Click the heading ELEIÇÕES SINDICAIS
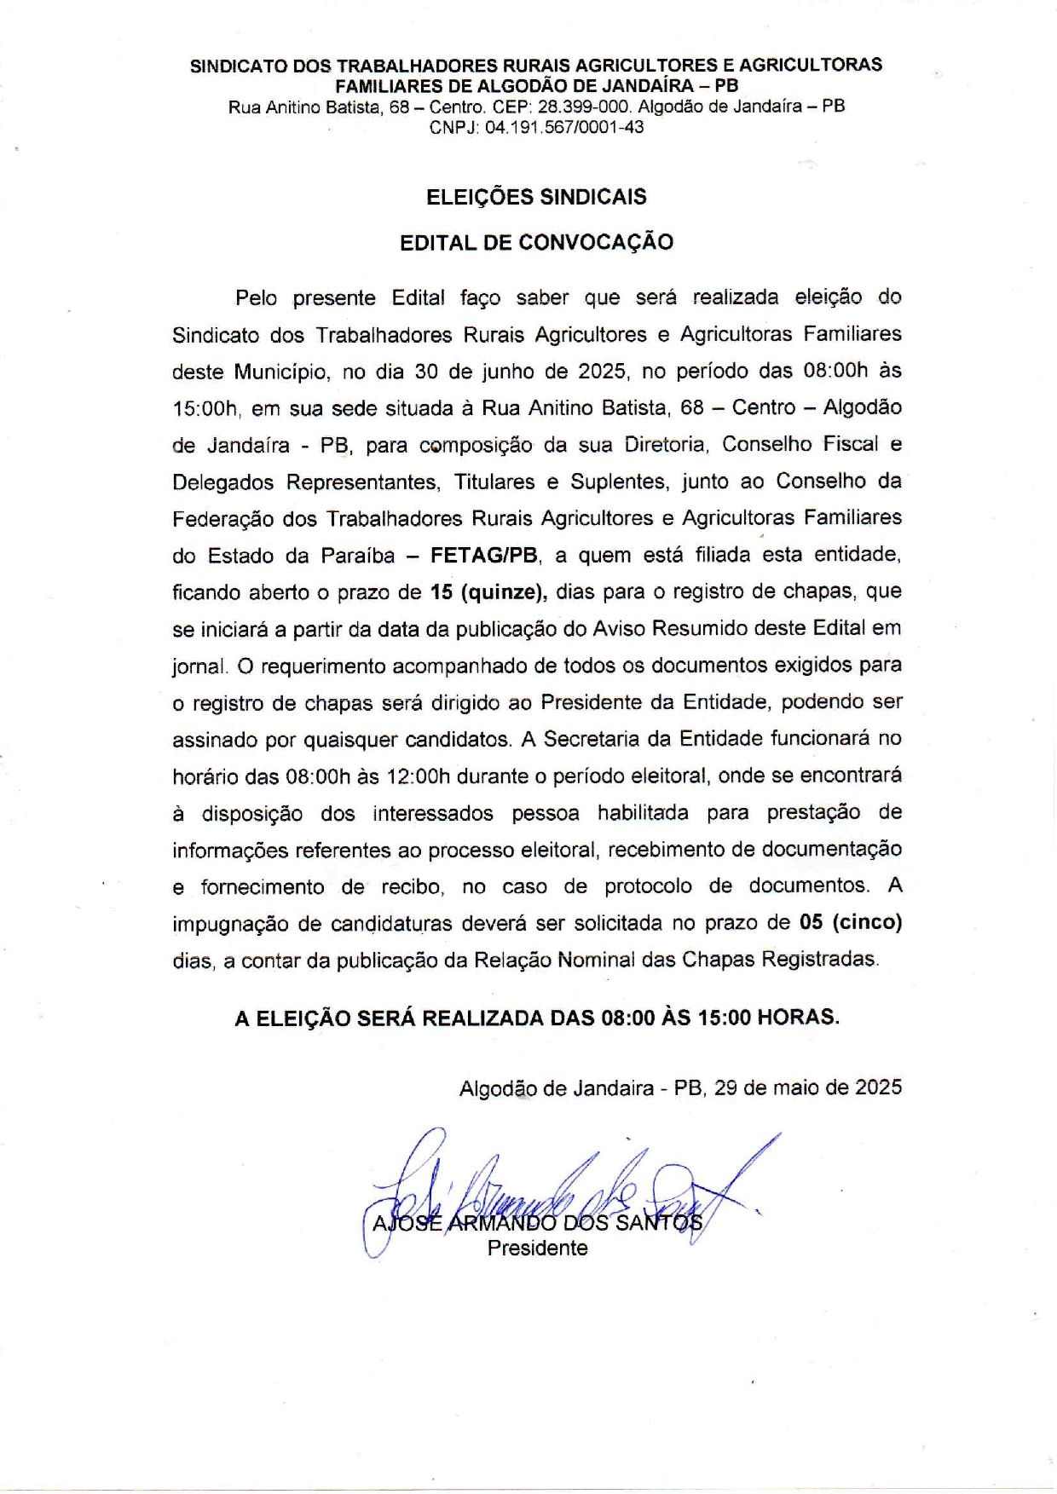(x=536, y=197)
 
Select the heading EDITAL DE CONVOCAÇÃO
(x=536, y=242)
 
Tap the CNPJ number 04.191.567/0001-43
(x=564, y=128)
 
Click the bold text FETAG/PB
(x=484, y=556)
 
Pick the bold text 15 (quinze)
(x=488, y=592)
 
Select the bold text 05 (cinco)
(x=850, y=922)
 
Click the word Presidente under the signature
(x=537, y=1249)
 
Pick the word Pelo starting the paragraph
(x=257, y=298)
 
